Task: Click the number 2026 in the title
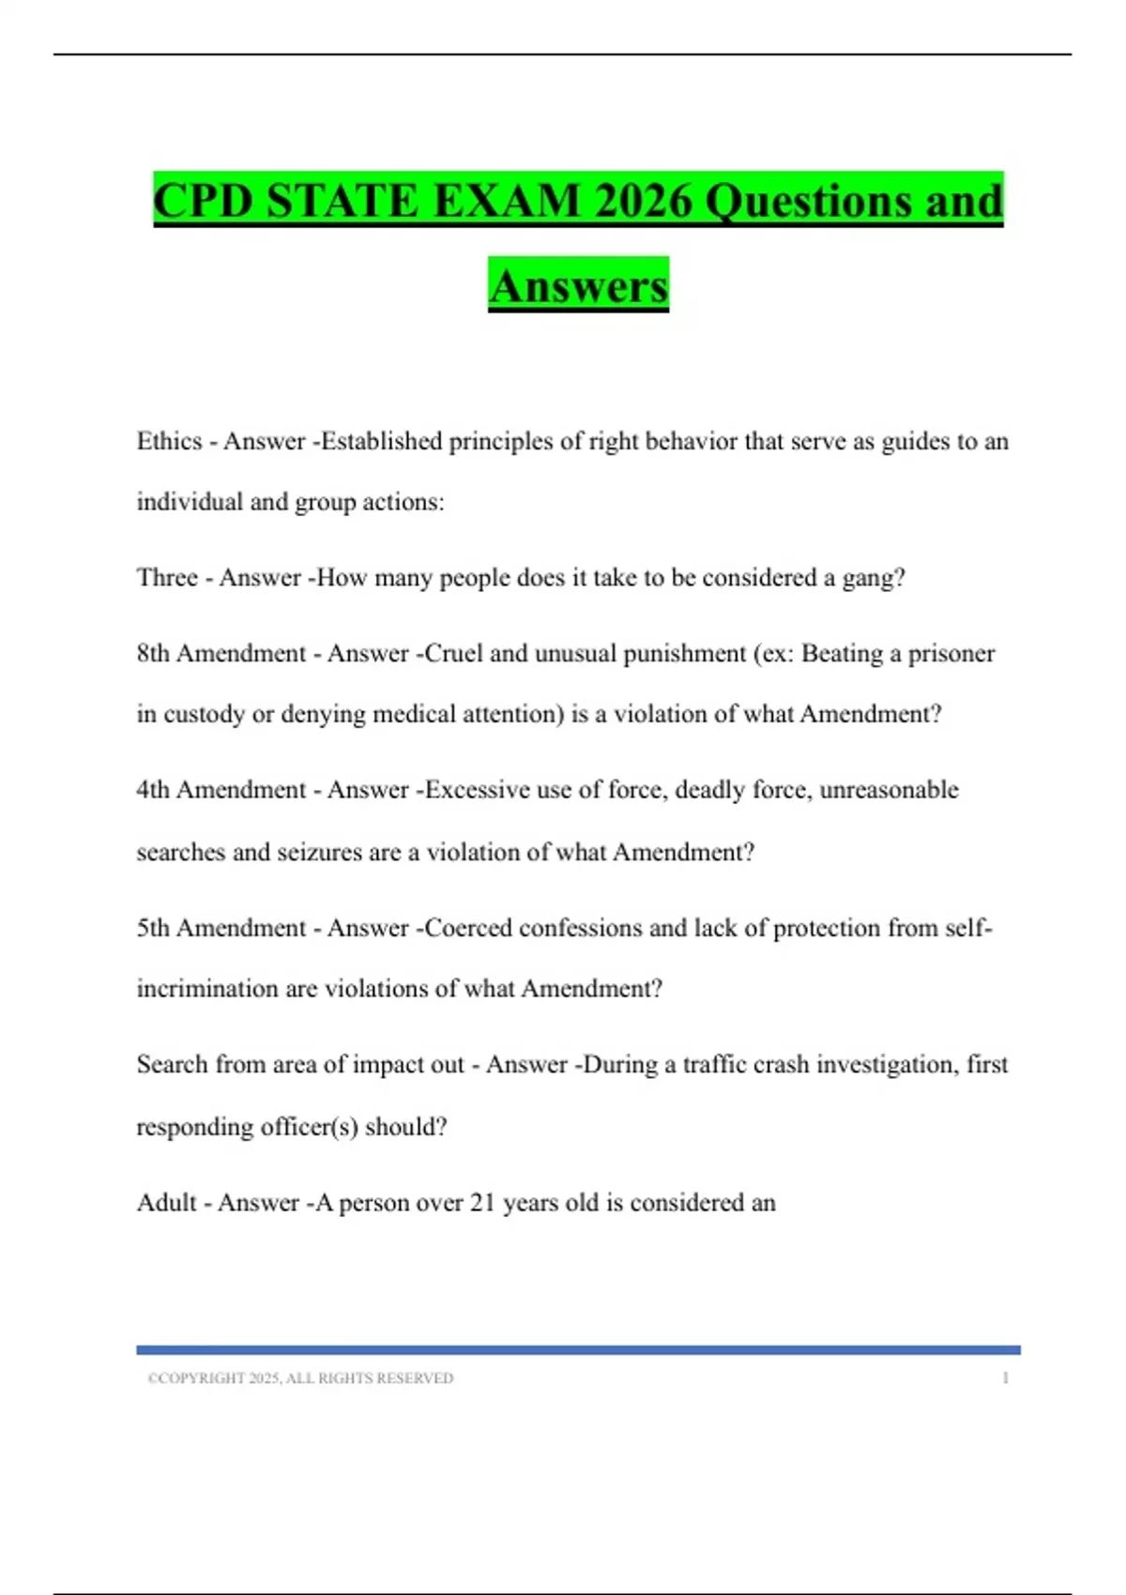point(643,201)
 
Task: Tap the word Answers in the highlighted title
point(578,286)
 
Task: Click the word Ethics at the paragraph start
point(169,441)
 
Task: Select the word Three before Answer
point(167,578)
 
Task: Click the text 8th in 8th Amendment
point(153,654)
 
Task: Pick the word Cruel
point(453,654)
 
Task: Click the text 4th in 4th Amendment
point(153,790)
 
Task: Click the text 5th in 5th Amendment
point(153,928)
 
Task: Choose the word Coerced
point(468,928)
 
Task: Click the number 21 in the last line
point(481,1203)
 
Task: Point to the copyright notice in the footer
point(300,1378)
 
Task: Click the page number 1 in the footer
point(1005,1378)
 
